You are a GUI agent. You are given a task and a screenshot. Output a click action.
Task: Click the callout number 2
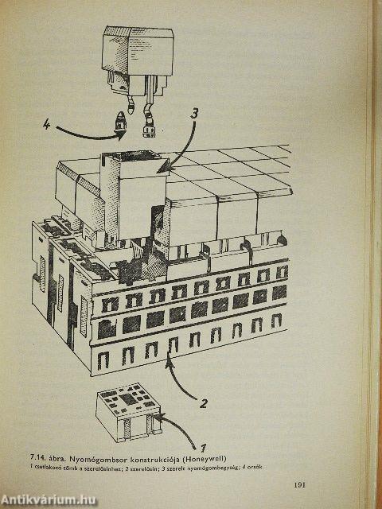point(204,403)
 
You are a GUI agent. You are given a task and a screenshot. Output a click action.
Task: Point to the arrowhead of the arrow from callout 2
point(168,363)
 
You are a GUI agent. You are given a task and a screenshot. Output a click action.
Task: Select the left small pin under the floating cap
point(120,122)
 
